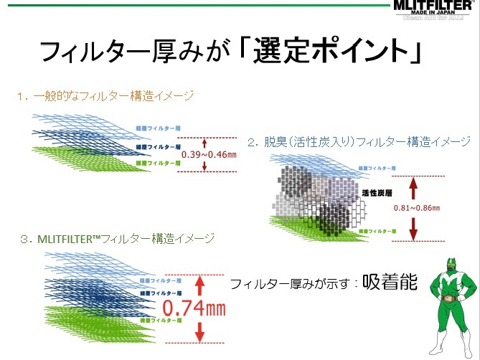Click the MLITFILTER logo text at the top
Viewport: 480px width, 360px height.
[435, 6]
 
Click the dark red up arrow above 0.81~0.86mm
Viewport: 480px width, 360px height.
[413, 188]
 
